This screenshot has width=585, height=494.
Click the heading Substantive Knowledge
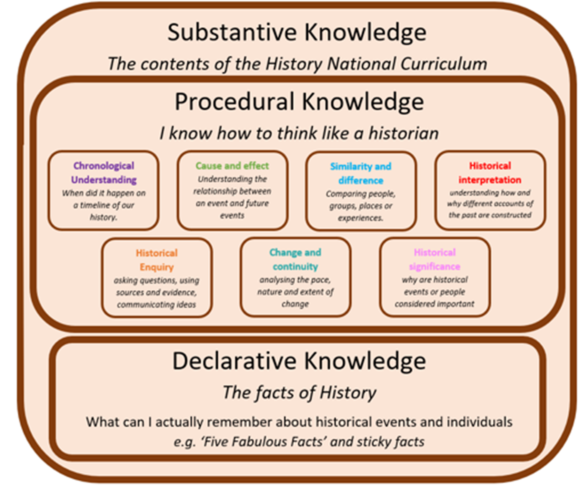pos(297,33)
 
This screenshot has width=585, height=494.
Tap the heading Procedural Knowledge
pos(299,102)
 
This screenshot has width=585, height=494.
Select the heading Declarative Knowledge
pos(299,361)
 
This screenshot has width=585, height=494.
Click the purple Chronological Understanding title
pos(104,173)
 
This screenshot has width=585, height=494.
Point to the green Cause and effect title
pos(232,166)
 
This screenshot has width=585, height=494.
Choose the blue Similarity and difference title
pos(360,173)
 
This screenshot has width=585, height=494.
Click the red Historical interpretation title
pos(490,173)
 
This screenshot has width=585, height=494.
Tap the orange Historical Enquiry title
pos(157,260)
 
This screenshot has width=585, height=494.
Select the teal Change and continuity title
pos(295,260)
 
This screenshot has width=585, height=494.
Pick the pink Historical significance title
pos(435,260)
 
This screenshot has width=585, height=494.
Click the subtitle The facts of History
pos(299,393)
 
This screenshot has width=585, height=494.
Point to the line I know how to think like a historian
pos(299,134)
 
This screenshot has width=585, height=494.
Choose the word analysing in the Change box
pos(276,280)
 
